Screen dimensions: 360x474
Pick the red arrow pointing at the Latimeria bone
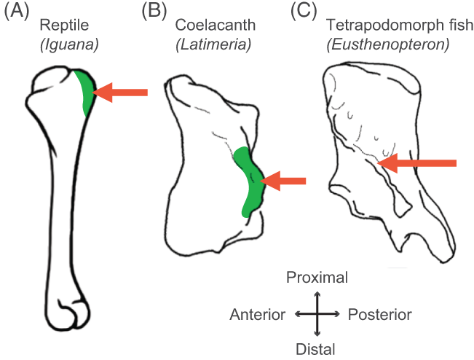click(283, 181)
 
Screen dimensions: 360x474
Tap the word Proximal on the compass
click(317, 278)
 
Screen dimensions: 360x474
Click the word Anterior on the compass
click(257, 314)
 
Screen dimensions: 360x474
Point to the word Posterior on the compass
click(379, 314)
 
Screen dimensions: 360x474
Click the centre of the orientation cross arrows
click(317, 313)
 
